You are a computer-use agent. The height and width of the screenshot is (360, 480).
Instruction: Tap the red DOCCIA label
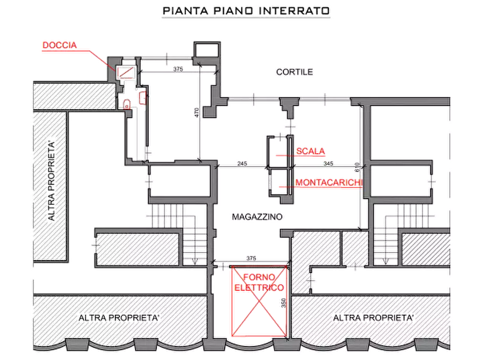(x=60, y=46)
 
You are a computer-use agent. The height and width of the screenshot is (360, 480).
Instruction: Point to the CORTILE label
(x=294, y=72)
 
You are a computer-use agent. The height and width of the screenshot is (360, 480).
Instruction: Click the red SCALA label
(x=312, y=152)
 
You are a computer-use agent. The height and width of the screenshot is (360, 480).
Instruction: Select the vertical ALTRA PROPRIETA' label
(x=52, y=181)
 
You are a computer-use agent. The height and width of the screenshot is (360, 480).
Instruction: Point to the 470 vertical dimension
(x=197, y=112)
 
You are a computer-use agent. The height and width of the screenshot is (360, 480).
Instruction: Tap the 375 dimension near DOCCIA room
(x=178, y=69)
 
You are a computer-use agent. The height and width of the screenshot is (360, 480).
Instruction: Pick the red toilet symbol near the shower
(x=142, y=98)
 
